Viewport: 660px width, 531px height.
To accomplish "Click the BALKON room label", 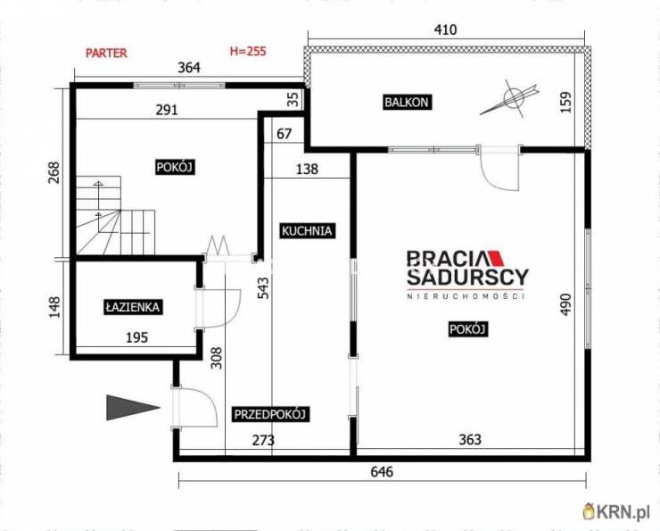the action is coord(407,103).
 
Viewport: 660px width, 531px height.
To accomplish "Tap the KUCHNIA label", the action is coord(307,231).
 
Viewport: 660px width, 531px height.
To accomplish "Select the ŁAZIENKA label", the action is coord(133,307).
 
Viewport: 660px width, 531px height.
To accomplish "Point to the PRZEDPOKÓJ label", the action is coord(270,414).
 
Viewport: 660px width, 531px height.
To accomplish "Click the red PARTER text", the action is coord(106,53).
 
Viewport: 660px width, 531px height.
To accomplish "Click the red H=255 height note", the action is coord(248,52).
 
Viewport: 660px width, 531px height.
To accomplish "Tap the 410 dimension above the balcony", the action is coord(445,30).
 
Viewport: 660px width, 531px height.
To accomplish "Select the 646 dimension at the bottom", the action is coord(382,471).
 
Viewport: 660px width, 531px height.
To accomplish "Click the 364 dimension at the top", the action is coord(189,67).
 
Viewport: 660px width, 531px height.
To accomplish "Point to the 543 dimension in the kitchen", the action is coord(263,288).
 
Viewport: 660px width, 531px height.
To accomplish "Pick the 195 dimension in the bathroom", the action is coord(137,337).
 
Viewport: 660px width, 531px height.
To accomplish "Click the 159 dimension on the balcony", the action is coord(566,102).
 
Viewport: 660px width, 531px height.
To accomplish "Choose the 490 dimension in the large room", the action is coord(566,304).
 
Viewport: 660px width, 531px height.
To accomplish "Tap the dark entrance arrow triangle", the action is coord(133,407).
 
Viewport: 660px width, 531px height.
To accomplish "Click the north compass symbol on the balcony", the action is coord(510,99).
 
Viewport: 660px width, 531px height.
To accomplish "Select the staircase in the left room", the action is coord(116,215).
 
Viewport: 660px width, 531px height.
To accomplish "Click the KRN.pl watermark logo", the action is coord(616,511).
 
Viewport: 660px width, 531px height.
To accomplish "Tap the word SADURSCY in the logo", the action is coord(467,277).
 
